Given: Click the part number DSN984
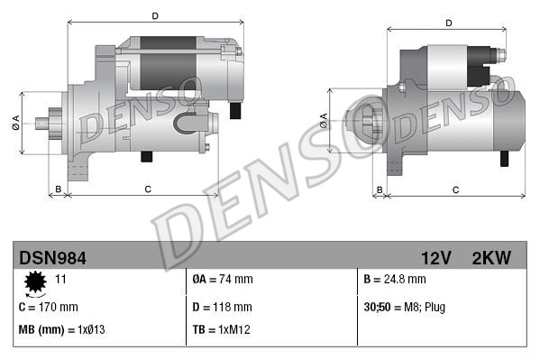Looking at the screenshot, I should tap(53, 258).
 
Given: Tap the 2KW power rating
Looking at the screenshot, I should tap(491, 258).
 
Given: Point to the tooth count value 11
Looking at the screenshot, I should tap(61, 280).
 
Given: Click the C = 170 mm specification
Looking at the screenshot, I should tap(49, 306).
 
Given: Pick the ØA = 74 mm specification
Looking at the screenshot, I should tap(223, 280).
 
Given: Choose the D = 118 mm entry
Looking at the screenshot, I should tap(222, 306).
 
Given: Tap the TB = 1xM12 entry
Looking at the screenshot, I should tap(221, 329).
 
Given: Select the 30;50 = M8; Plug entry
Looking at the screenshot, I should tap(405, 306).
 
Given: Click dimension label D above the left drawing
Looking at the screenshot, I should tap(155, 16).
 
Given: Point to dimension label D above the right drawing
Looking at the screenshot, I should tap(447, 23).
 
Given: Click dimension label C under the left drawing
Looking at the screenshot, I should tap(147, 189).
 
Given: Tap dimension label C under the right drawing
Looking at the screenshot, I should tap(455, 189).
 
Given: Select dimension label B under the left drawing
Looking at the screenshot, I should tap(59, 189).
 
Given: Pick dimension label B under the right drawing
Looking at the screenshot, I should tap(380, 189).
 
